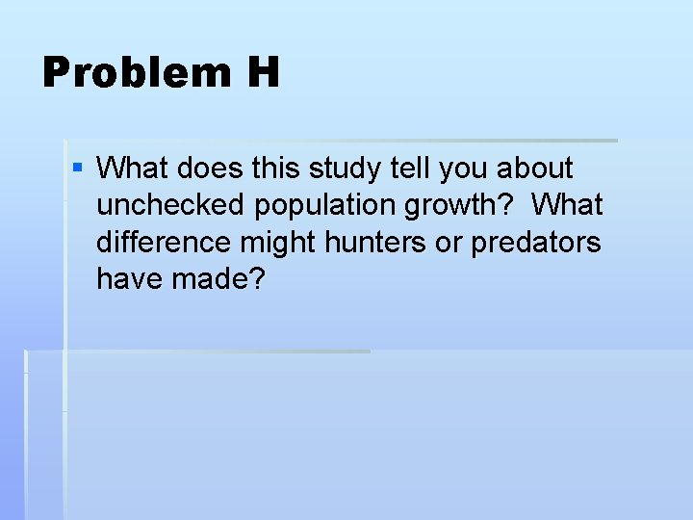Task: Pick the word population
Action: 324,206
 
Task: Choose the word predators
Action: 536,243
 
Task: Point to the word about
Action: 535,169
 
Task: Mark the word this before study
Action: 276,169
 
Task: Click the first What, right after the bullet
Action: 133,169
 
